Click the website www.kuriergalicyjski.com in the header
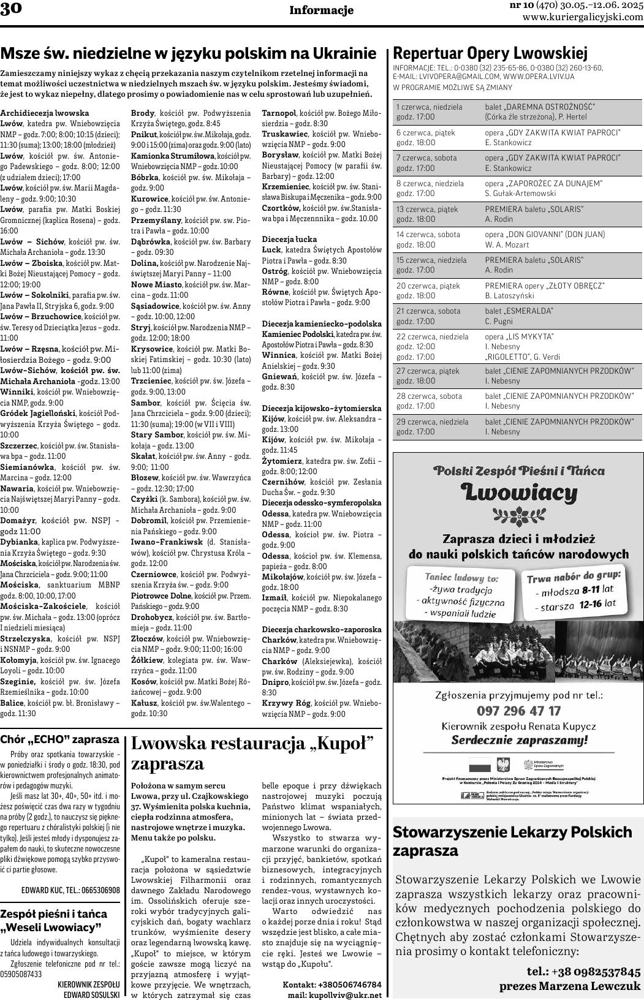(x=582, y=17)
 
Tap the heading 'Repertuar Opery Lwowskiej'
(x=490, y=53)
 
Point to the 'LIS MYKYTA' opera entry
(x=519, y=336)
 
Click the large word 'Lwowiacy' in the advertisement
(x=518, y=492)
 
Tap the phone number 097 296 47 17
(x=518, y=711)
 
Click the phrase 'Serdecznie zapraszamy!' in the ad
(x=518, y=739)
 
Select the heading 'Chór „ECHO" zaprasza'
(x=59, y=739)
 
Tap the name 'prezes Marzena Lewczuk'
(x=570, y=986)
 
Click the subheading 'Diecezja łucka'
(x=290, y=238)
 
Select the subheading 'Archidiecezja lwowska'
(x=45, y=113)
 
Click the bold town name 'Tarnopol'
(x=279, y=113)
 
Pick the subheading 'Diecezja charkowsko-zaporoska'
(x=322, y=629)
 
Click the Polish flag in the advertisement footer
(x=480, y=765)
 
